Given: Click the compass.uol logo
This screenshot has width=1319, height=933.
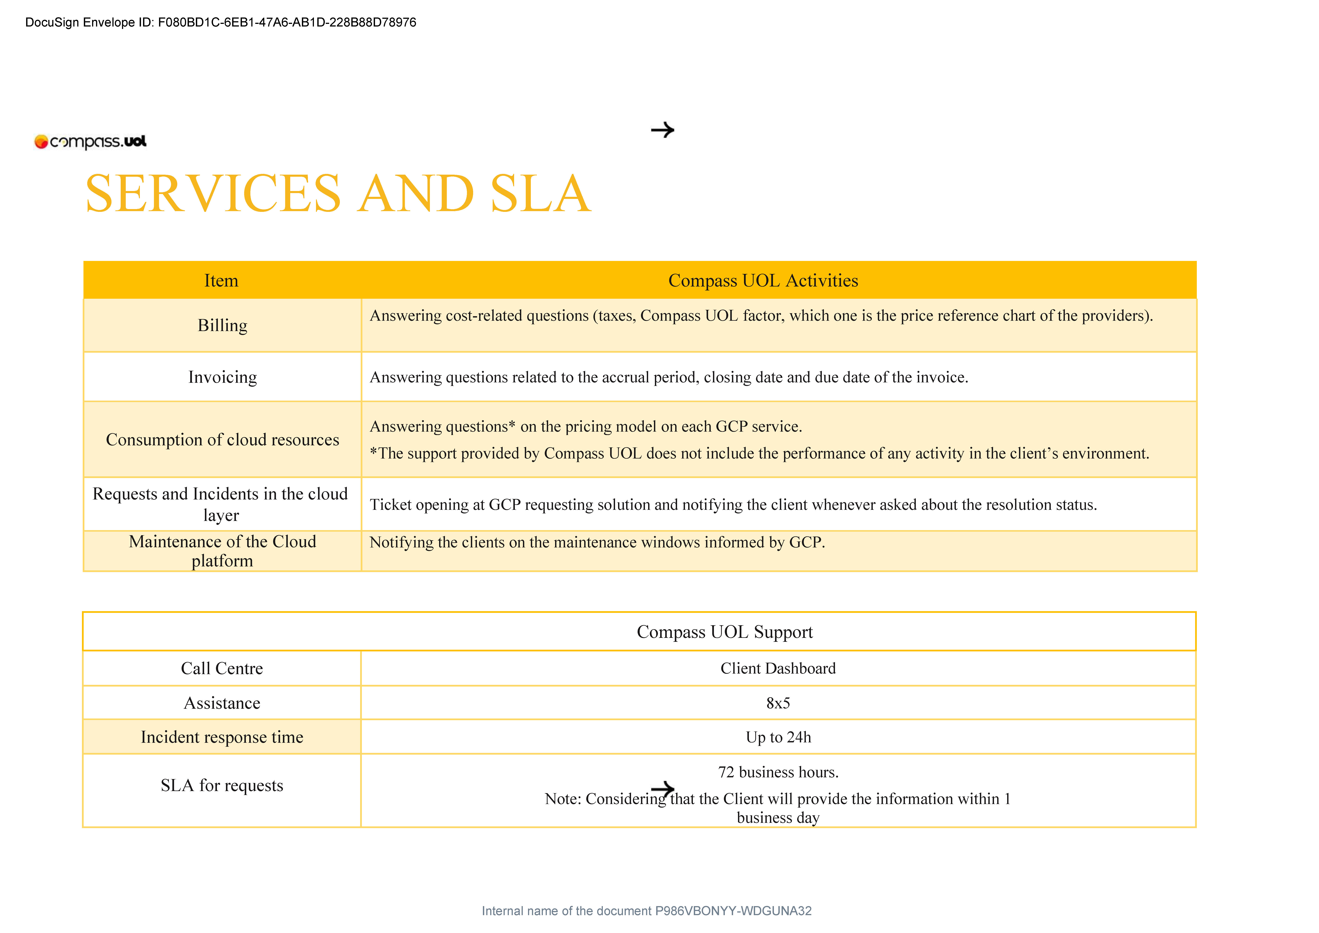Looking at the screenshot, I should (91, 141).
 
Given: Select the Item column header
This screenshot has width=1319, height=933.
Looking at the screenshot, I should (221, 280).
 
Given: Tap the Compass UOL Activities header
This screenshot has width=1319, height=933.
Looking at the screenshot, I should (763, 280).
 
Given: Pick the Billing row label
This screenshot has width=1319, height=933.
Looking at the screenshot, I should (222, 325).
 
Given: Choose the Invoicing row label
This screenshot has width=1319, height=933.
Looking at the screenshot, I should (222, 377).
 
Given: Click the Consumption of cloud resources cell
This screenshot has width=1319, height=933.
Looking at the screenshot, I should (222, 440).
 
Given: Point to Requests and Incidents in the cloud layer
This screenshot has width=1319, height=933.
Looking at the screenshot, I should (221, 504).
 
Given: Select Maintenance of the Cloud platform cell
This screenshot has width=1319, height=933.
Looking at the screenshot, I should (222, 551).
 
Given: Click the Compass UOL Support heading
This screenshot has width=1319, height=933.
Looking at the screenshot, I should (724, 632).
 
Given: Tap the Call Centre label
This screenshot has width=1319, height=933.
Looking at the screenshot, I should (222, 668).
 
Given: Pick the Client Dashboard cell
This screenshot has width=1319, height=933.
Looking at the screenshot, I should (778, 668).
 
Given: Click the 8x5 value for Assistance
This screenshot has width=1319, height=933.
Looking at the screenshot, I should (778, 703).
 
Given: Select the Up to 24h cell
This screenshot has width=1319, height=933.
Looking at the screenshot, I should (778, 737).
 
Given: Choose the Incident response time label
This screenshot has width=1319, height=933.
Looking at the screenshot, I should (222, 737).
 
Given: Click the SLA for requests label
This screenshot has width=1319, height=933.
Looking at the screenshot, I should (222, 785).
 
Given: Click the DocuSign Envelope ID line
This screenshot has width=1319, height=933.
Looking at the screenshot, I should (221, 22).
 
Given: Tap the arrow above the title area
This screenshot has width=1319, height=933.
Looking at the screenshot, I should (662, 130).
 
